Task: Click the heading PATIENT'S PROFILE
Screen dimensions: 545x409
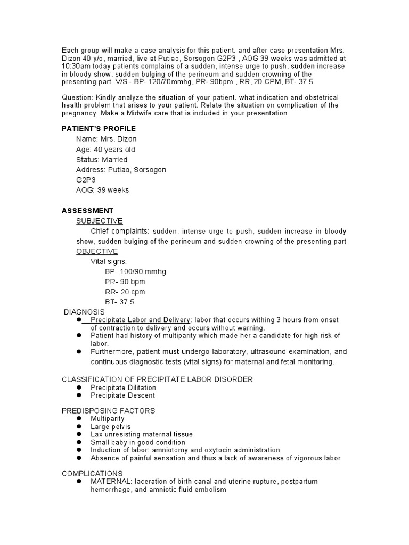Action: point(99,129)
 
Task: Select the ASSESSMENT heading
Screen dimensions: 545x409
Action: point(87,211)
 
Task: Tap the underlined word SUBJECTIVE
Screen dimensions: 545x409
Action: point(99,221)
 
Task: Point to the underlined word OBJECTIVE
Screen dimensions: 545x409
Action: point(97,251)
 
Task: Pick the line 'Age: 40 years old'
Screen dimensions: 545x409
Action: point(105,150)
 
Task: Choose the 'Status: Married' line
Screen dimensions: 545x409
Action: point(102,160)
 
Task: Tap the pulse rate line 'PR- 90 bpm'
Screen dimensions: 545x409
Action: point(125,282)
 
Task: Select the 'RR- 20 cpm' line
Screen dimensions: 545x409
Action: point(125,292)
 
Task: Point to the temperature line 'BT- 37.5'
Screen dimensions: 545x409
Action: point(119,302)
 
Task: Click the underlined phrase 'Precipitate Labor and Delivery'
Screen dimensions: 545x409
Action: point(141,319)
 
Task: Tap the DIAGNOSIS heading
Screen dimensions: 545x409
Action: point(84,312)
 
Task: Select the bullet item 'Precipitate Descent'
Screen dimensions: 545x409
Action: point(122,395)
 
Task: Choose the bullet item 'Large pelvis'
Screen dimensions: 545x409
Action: point(110,427)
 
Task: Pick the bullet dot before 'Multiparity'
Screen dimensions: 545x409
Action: point(78,419)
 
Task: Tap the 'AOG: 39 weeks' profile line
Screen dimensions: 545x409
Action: point(102,190)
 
